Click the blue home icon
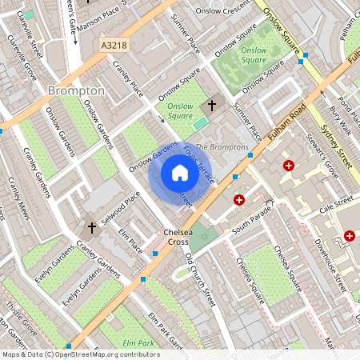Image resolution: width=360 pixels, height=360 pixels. coord(180,173)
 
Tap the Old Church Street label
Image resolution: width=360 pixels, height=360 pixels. coord(201,281)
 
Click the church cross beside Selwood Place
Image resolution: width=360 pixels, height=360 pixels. coord(92,229)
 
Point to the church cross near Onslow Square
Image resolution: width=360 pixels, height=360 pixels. coord(212,105)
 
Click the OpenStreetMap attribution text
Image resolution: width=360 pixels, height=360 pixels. coord(80,354)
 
